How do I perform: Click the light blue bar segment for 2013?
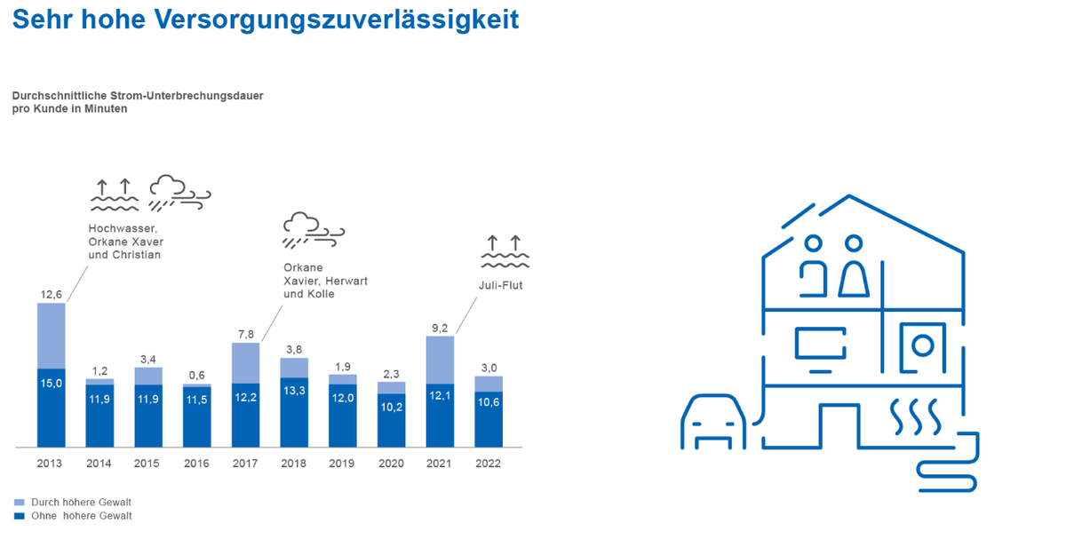pos(51,336)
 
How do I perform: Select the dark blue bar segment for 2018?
pos(294,412)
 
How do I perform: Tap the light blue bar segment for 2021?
pos(440,360)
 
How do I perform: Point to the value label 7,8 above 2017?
pos(245,334)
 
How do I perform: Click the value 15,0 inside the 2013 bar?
pos(51,384)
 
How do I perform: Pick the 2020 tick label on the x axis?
pos(391,464)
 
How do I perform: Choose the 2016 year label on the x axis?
pos(196,464)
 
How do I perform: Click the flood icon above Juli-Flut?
pos(505,252)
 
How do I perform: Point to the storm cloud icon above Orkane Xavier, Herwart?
pos(313,231)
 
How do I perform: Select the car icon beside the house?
pos(713,424)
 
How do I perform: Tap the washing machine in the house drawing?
pos(923,345)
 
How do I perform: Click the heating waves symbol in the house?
pos(915,415)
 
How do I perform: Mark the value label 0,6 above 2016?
pos(196,375)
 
